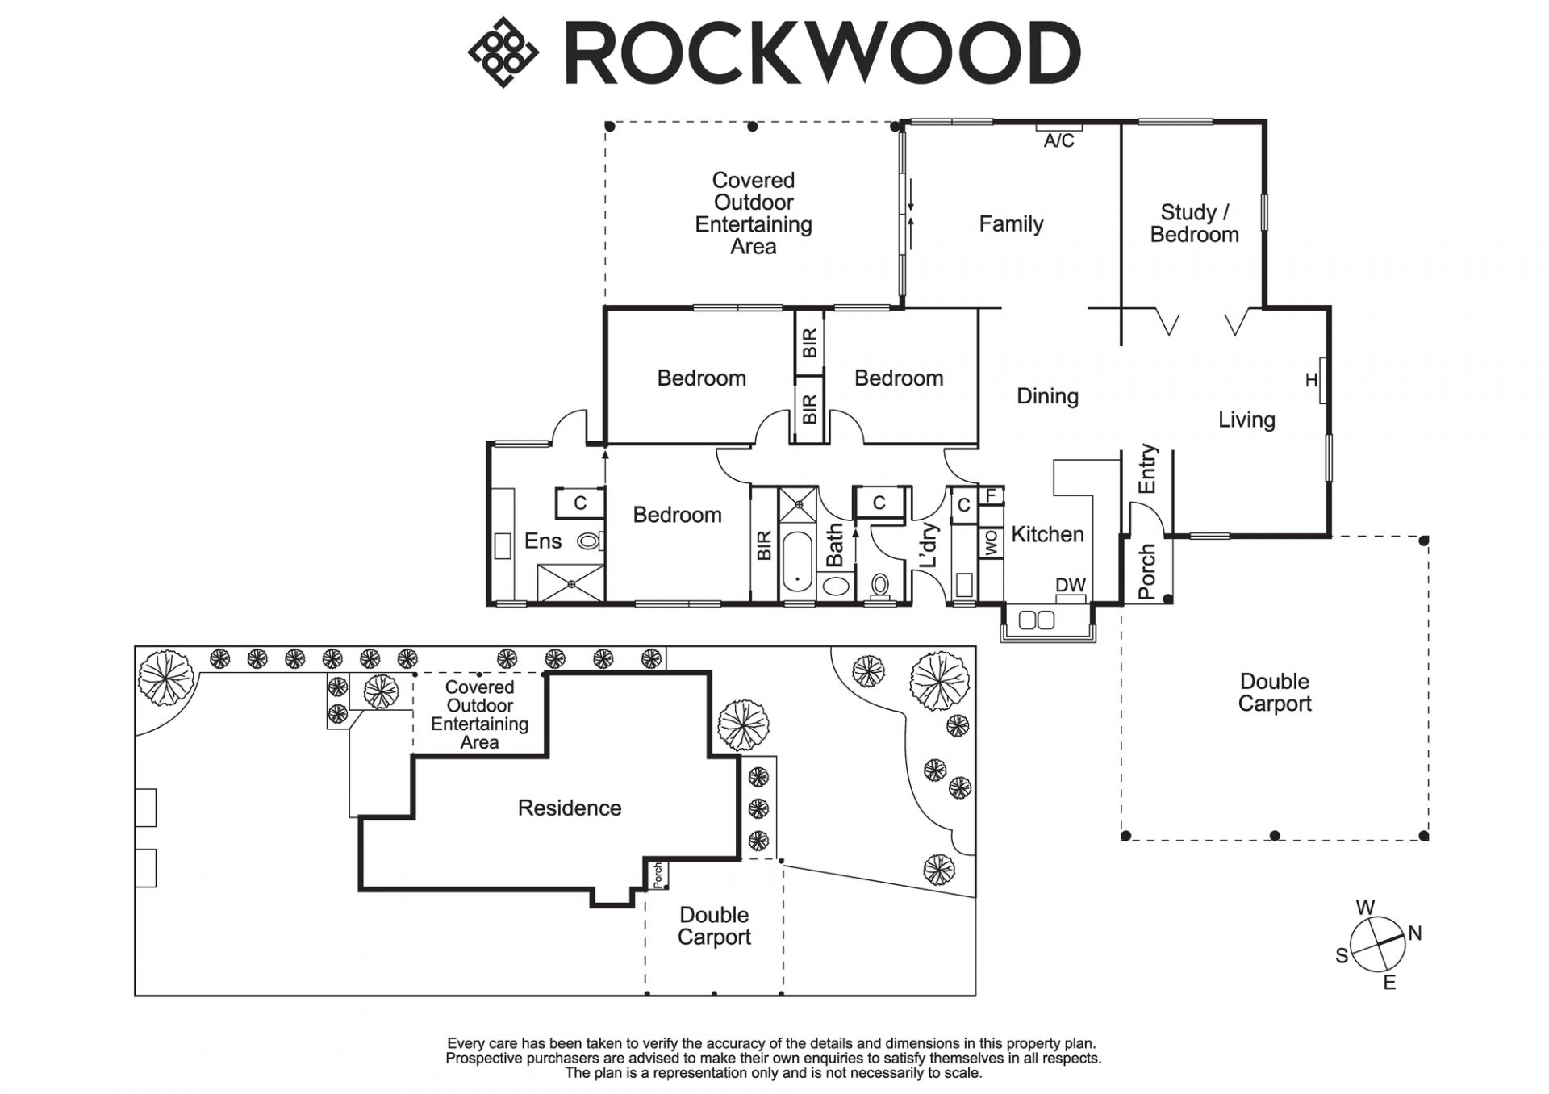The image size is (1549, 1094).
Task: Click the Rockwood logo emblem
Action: pos(503,52)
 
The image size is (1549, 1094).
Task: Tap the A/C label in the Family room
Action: pos(1058,140)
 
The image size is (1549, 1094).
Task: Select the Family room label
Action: pos(1011,223)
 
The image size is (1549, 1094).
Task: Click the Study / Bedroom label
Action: pos(1194,223)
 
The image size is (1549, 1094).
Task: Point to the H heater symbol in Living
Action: pos(1312,380)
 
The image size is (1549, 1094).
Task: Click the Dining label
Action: pos(1047,396)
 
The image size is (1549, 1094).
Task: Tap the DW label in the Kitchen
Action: pos(1071,586)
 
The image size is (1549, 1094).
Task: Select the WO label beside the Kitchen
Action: pos(992,542)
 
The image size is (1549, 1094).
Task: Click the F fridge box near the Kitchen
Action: pos(992,495)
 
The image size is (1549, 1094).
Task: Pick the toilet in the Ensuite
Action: pos(589,541)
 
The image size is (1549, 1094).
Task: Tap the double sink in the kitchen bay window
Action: pos(1037,620)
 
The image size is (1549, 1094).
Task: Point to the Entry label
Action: pos(1147,468)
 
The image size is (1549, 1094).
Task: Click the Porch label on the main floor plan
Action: pos(1147,571)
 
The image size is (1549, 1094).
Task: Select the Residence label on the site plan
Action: pos(570,808)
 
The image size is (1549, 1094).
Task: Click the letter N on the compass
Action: pos(1414,933)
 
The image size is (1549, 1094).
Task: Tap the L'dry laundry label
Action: pos(929,545)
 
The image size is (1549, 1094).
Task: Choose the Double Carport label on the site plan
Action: pos(714,925)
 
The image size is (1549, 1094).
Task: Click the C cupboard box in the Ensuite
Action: pos(580,503)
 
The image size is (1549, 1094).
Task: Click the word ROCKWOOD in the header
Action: pos(822,54)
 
